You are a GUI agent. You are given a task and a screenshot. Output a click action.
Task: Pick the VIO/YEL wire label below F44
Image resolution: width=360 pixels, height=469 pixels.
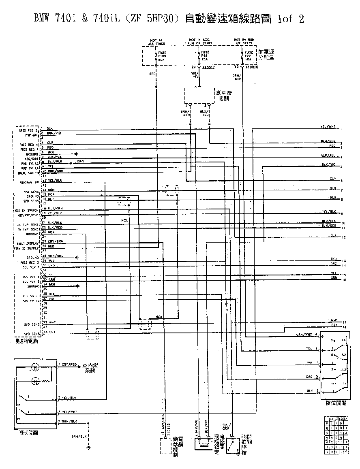click(195, 75)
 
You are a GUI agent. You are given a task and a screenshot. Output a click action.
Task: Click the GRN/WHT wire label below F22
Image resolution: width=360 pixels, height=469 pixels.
click(237, 77)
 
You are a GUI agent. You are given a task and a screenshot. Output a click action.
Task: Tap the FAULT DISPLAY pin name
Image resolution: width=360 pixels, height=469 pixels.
click(27, 243)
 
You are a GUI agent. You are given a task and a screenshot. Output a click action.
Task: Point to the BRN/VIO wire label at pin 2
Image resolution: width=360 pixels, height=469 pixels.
click(54, 133)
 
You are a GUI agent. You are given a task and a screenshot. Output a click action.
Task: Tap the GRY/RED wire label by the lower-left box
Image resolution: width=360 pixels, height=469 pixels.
click(69, 365)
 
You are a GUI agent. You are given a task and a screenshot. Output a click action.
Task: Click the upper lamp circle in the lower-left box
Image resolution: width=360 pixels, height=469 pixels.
click(36, 368)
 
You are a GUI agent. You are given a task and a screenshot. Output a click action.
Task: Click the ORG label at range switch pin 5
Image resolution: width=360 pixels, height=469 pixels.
click(309, 377)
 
